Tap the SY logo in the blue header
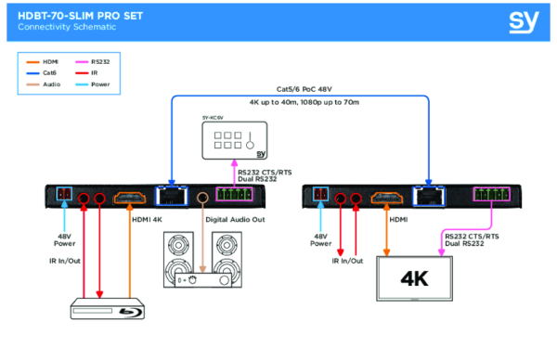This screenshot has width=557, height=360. point(522,21)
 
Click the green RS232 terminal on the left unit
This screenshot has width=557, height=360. point(237,197)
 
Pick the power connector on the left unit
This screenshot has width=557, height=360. point(62,197)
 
